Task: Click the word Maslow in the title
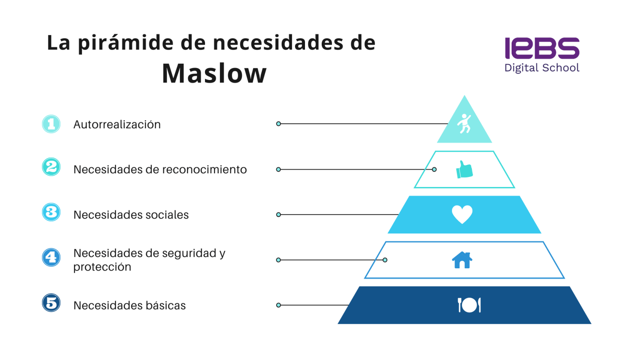coord(214,74)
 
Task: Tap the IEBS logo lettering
coord(542,48)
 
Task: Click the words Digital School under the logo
coord(542,68)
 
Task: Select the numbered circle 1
coord(51,124)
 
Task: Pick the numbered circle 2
coord(51,167)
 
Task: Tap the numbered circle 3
coord(51,212)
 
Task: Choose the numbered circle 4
coord(51,257)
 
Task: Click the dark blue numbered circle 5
coord(51,303)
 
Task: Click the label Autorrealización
coord(117,125)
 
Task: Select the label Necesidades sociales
coord(131,215)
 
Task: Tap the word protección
coord(102,267)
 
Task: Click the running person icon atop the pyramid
coord(464,124)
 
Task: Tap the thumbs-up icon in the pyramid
coord(464,170)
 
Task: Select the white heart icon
coord(462,215)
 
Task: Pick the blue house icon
coord(462,260)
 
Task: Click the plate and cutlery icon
coord(469,305)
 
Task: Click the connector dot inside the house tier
coord(385,260)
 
